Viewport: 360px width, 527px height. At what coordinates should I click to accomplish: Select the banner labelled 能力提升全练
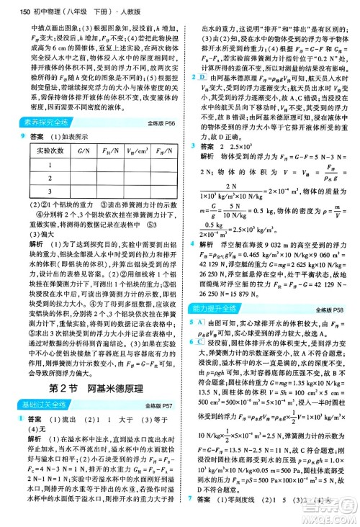[215, 308]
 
